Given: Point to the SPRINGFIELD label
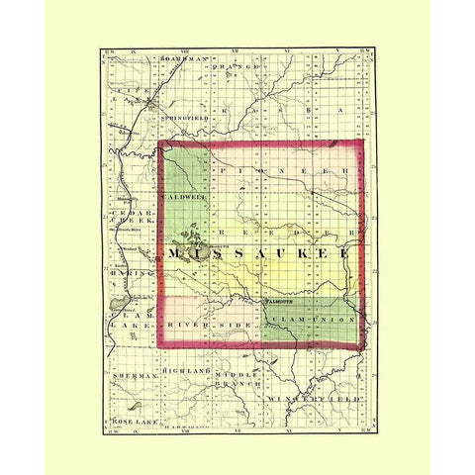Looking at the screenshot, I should pos(184,116).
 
